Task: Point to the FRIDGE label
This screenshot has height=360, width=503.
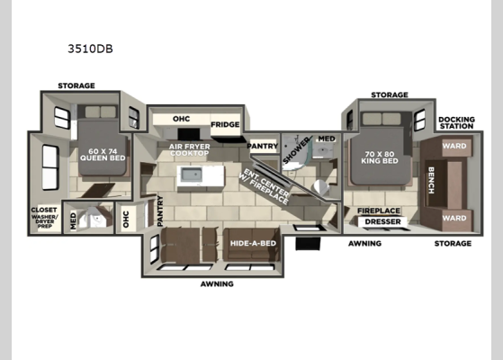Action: point(224,125)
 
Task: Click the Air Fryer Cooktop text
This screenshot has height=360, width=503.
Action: point(189,148)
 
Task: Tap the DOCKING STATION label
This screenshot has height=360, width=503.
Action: point(455,123)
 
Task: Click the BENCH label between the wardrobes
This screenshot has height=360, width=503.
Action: point(431,181)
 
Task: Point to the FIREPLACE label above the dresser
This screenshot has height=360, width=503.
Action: point(379,210)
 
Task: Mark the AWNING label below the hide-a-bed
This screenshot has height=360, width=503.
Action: point(217,284)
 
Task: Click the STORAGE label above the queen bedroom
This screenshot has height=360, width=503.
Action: point(76,86)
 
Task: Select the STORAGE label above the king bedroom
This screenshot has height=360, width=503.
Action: point(389,94)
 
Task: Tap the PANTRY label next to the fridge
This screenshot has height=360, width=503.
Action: point(262,145)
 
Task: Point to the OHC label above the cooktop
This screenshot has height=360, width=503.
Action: point(181,118)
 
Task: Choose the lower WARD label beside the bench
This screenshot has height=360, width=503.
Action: point(454,218)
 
